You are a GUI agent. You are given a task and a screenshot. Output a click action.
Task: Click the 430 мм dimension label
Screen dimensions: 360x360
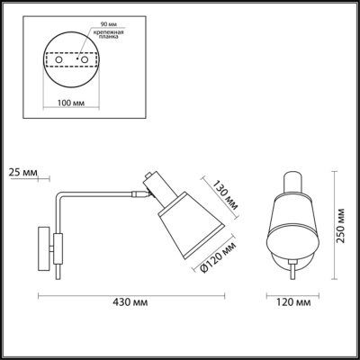pyautogui.click(x=130, y=302)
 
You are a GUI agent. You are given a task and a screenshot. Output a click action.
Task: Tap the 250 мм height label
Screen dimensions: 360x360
pyautogui.click(x=341, y=225)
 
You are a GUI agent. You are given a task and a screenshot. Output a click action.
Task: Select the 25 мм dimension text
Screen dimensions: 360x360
pyautogui.click(x=23, y=173)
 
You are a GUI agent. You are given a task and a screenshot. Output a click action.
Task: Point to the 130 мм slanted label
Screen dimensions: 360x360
pyautogui.click(x=226, y=195)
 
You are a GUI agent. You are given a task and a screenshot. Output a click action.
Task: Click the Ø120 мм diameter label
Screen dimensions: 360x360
pyautogui.click(x=218, y=257)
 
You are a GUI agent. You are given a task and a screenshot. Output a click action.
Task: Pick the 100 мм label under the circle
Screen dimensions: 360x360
pyautogui.click(x=71, y=103)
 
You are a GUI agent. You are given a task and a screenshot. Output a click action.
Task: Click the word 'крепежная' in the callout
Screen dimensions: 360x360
pyautogui.click(x=108, y=32)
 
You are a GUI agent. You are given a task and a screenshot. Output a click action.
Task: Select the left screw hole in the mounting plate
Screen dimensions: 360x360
pyautogui.click(x=58, y=59)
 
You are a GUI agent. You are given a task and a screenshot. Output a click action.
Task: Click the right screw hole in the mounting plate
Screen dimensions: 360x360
pyautogui.click(x=85, y=59)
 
